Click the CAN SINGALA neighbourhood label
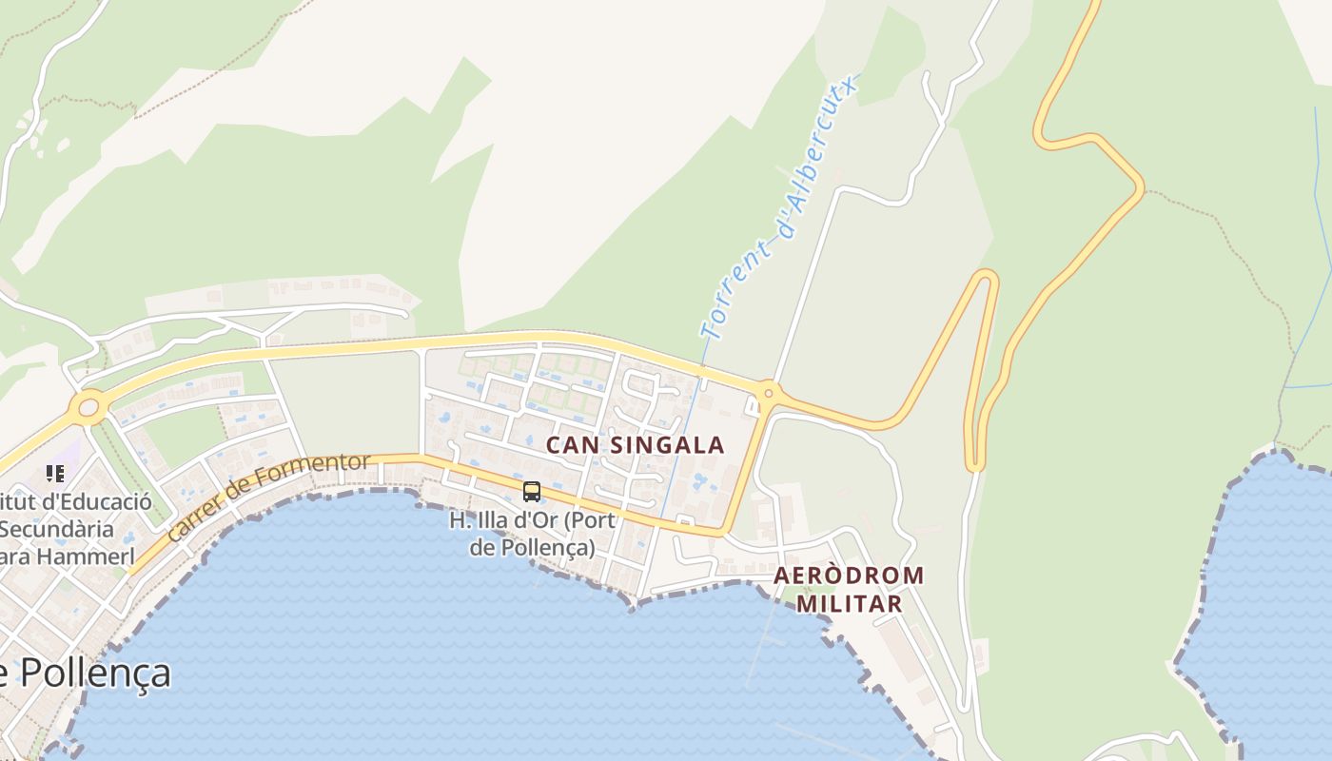[635, 444]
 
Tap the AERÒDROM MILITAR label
[849, 589]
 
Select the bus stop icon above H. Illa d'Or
[532, 492]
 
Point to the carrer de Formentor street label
[268, 498]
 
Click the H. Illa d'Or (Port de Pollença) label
[532, 534]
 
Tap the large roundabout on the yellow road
[88, 408]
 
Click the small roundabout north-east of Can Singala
[768, 391]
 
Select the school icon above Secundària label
[55, 473]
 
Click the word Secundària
[57, 529]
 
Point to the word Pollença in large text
[95, 673]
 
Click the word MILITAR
[849, 603]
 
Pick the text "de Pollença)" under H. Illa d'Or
[532, 548]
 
